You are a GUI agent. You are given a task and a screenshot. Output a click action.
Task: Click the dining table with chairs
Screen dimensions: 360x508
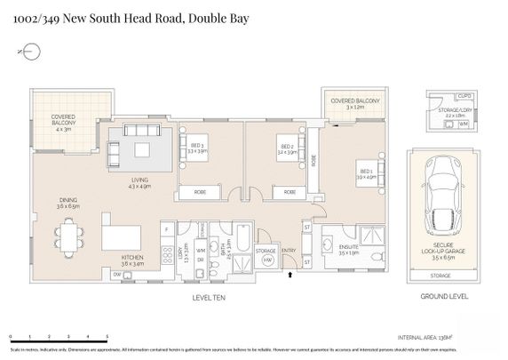[x=70, y=236]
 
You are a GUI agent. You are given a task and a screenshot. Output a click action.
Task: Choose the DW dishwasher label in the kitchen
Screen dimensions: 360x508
[x=117, y=276]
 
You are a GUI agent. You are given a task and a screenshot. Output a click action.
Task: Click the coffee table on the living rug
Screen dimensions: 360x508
[x=142, y=150]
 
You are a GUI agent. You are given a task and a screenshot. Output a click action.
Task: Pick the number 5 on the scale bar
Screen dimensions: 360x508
[x=107, y=338]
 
